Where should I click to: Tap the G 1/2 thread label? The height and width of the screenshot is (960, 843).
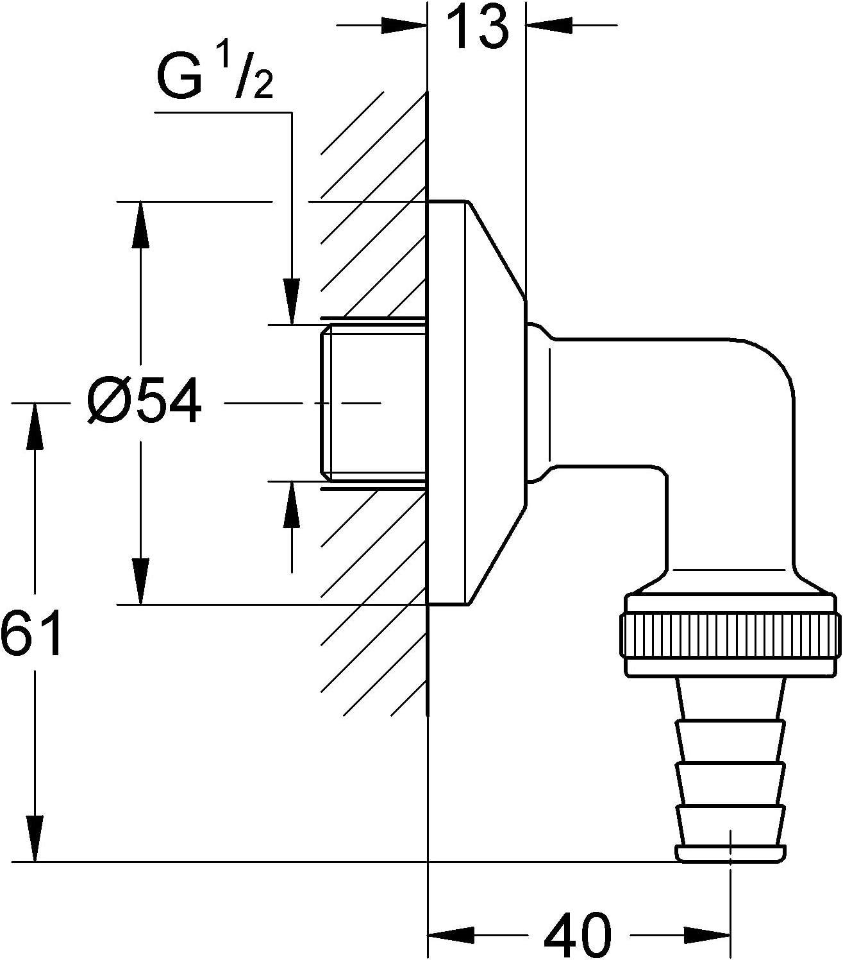coord(214,80)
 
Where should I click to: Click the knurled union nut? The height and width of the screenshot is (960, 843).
coord(730,635)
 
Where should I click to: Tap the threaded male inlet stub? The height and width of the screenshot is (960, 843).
coord(375,403)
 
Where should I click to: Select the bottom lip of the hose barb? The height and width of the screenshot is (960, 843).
coord(730,853)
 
